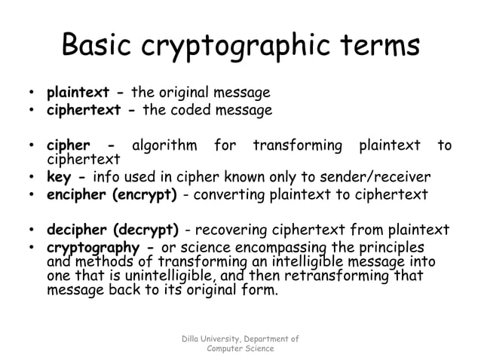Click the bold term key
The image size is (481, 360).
pyautogui.click(x=59, y=178)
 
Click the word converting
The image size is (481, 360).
pyautogui.click(x=226, y=194)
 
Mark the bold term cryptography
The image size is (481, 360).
pyautogui.click(x=93, y=248)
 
